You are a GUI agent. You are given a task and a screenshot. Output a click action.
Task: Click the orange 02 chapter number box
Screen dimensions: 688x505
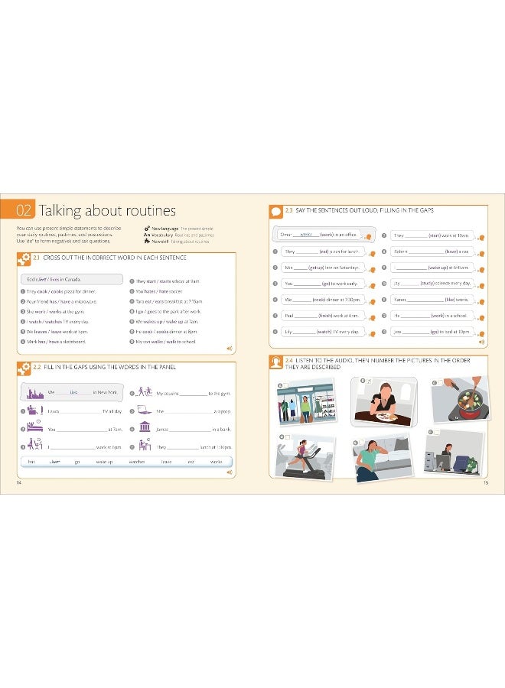(x=25, y=210)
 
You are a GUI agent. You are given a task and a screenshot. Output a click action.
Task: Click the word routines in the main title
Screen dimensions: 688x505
(x=145, y=210)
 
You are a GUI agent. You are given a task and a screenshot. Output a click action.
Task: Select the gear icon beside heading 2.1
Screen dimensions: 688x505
(x=23, y=258)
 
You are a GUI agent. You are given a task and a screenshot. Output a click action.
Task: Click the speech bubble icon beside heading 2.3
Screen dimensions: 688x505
(x=276, y=211)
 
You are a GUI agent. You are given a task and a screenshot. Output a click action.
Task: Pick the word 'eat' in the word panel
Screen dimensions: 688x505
(x=191, y=462)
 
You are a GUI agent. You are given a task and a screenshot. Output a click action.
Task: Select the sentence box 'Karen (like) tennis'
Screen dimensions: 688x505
(x=434, y=299)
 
